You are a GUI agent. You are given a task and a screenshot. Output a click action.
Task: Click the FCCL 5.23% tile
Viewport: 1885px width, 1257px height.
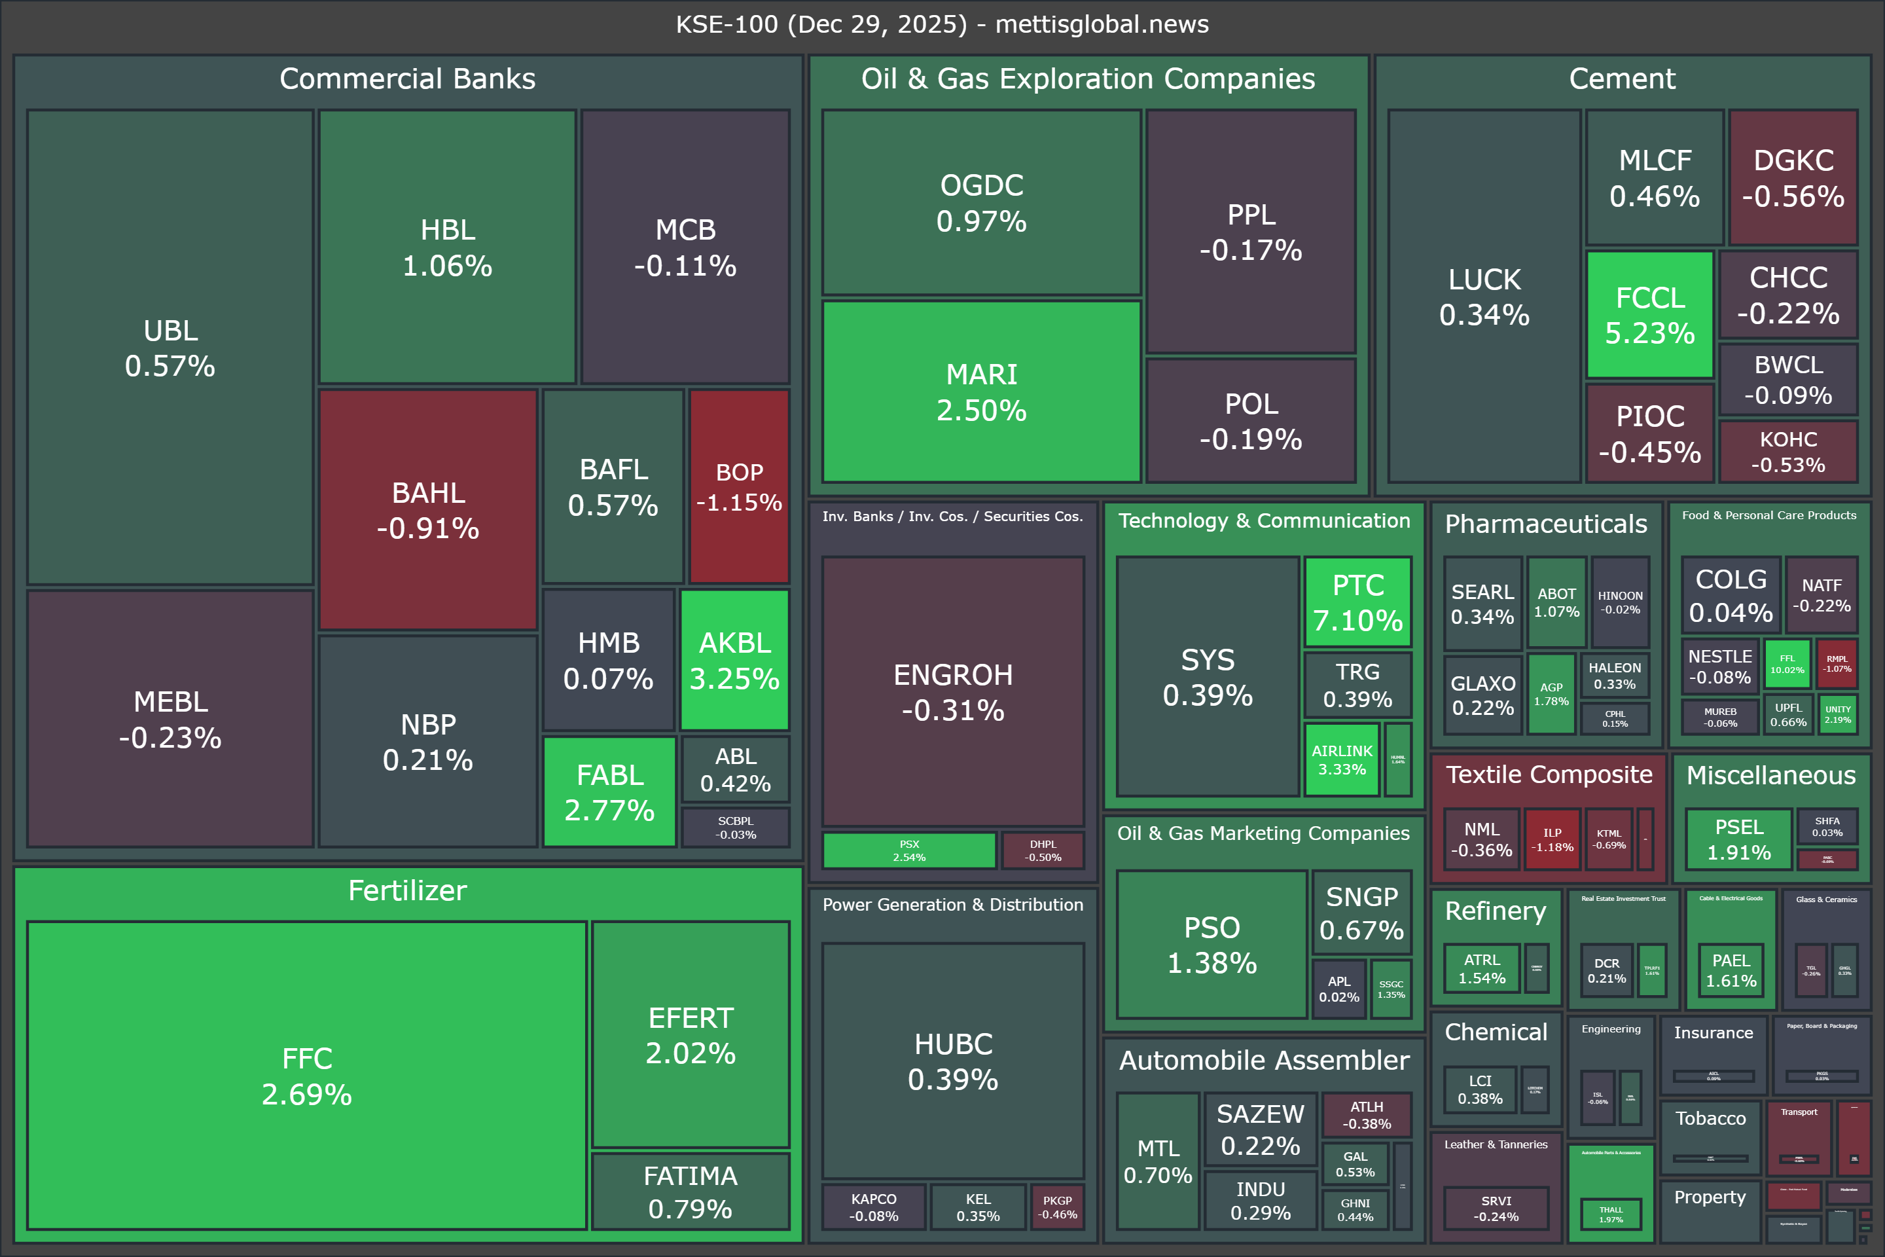[1649, 314]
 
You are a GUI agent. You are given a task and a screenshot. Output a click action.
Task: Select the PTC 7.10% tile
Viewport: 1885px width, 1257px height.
[1357, 602]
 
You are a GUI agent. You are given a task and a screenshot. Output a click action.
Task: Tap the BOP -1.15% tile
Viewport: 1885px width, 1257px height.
[739, 486]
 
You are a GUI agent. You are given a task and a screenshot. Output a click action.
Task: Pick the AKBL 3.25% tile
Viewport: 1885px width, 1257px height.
[735, 660]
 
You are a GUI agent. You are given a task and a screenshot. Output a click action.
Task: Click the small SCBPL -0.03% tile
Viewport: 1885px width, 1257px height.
[736, 828]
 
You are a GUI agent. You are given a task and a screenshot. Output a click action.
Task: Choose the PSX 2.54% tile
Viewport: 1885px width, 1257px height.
[909, 850]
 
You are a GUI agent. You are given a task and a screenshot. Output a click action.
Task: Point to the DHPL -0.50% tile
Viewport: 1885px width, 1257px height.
[1043, 850]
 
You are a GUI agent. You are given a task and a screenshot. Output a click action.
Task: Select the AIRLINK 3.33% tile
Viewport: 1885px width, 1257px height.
[1342, 759]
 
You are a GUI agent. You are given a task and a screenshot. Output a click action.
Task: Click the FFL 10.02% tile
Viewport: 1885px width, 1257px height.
[1787, 664]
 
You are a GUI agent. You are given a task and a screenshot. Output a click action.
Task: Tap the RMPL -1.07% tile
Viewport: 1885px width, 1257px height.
[1837, 664]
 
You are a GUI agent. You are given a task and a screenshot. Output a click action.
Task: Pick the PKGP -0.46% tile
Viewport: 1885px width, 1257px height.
[1057, 1207]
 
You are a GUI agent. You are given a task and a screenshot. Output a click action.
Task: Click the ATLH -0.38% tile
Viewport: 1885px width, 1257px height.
[1367, 1115]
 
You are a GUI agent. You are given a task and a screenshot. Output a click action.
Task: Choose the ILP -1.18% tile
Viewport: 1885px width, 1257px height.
[1553, 839]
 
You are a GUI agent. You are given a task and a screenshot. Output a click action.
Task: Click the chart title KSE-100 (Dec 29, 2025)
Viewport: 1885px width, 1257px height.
[942, 24]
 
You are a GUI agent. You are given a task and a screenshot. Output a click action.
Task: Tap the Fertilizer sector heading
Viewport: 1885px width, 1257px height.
[407, 890]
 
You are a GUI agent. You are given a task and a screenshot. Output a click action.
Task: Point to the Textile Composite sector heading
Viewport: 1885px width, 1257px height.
[1549, 774]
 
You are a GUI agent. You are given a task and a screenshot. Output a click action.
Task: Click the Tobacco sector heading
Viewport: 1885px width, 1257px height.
[1710, 1118]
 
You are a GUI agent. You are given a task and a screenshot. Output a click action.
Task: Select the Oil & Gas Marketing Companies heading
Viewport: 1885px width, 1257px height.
[1263, 833]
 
